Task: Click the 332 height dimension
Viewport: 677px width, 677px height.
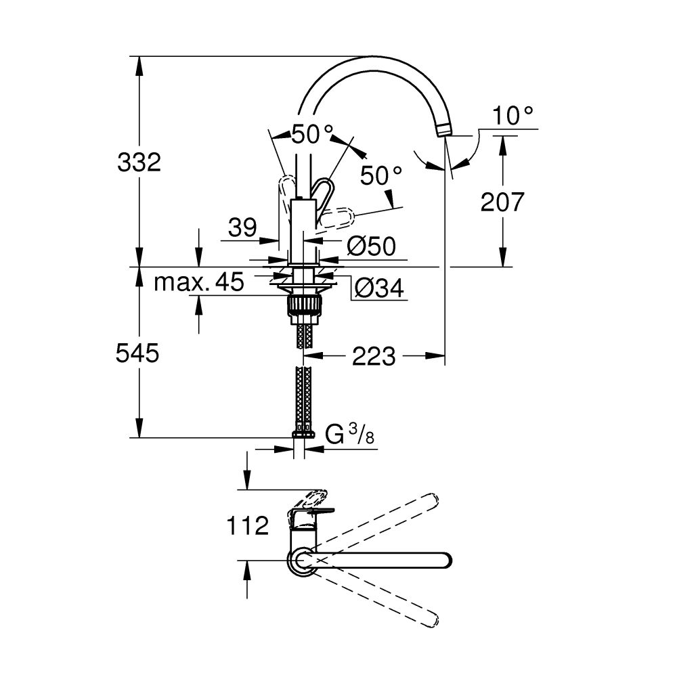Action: pos(139,162)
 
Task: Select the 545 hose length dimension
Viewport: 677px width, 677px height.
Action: pos(138,353)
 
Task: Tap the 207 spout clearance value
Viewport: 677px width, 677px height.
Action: pos(502,201)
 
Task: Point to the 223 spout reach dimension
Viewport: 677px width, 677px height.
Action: pos(374,355)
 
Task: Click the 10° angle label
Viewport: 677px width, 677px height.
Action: pos(512,116)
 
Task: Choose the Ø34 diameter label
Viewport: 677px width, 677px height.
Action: pos(379,289)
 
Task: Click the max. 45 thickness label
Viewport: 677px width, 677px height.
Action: pos(198,282)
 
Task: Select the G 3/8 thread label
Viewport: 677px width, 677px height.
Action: pos(350,434)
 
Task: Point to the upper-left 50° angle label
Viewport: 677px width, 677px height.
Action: pos(313,134)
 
